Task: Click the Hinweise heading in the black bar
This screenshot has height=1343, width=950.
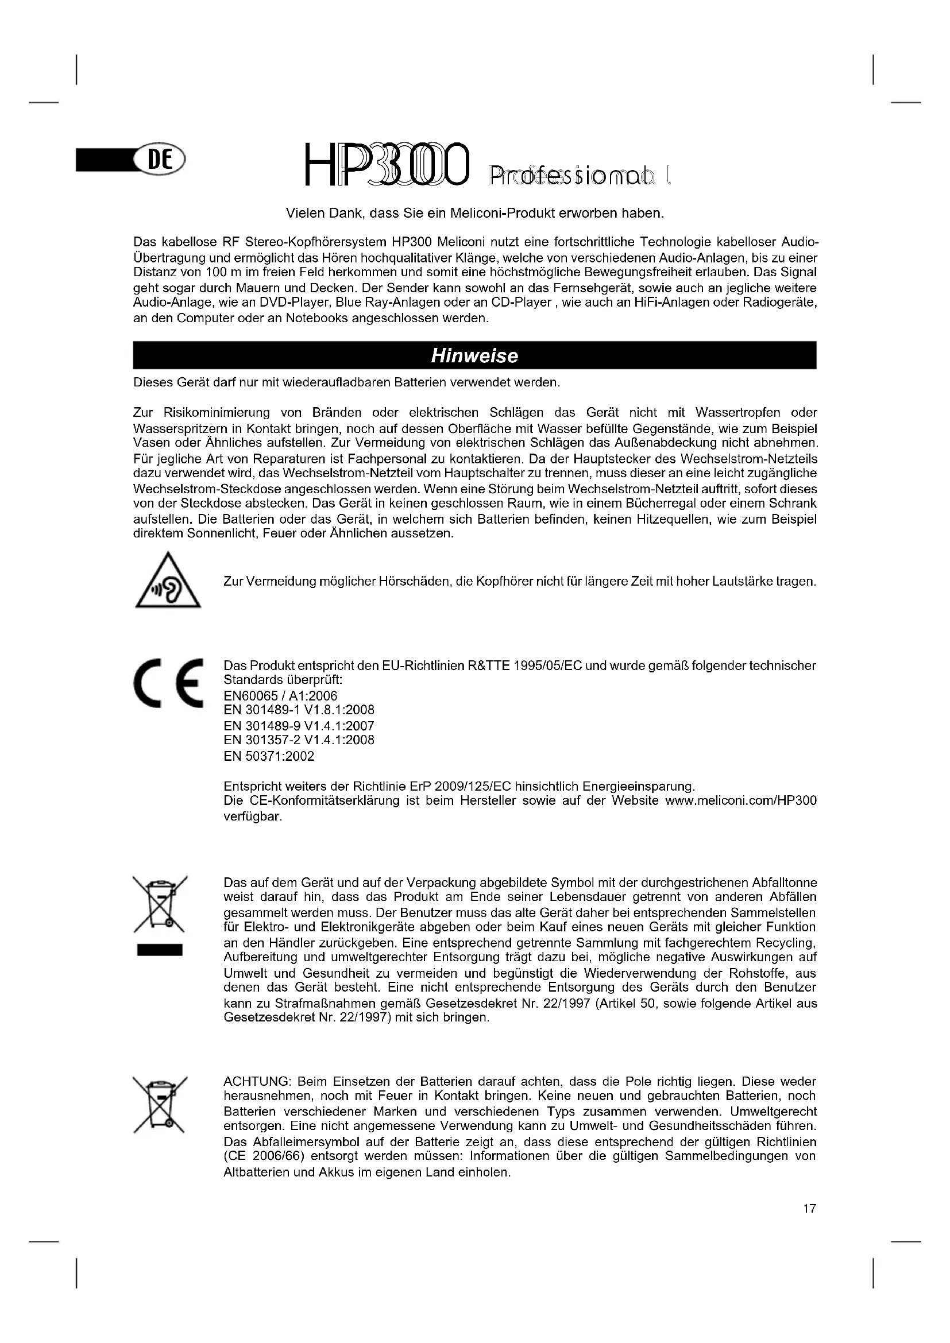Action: pos(474,355)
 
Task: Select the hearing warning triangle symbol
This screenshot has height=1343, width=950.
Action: pos(168,582)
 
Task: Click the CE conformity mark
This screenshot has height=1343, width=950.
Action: pos(168,683)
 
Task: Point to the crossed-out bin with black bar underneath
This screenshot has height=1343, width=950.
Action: pos(160,916)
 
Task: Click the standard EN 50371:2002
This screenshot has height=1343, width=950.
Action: pos(269,756)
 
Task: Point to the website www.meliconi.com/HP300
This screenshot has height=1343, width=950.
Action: pos(740,801)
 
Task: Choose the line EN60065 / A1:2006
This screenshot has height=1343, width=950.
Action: pos(281,696)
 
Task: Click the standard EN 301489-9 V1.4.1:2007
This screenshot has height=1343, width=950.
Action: pos(299,726)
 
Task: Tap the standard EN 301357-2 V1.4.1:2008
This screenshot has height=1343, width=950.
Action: pos(299,740)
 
